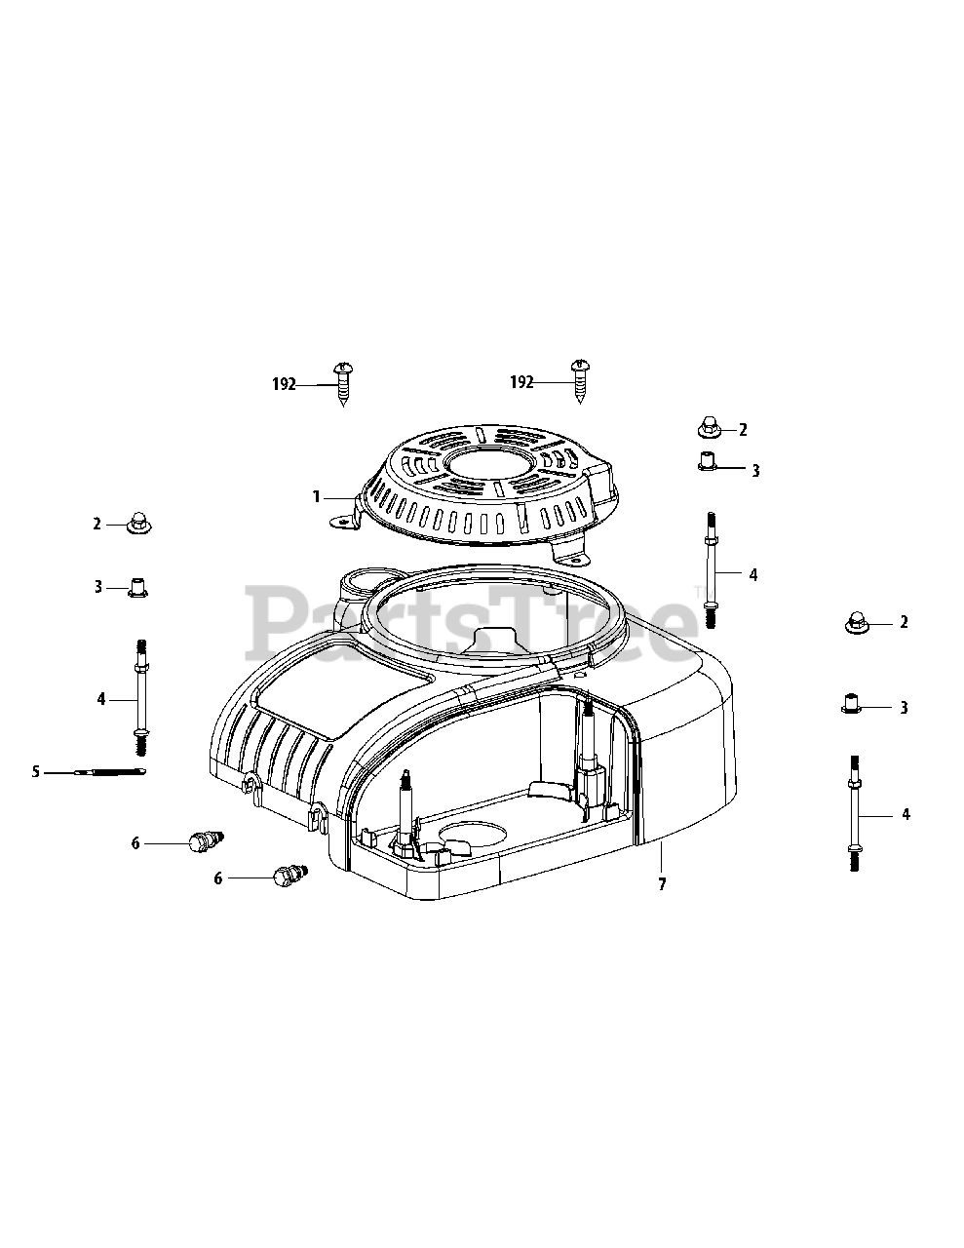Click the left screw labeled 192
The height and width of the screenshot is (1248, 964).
(343, 384)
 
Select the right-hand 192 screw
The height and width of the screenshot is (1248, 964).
(581, 381)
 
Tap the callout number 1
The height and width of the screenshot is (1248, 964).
(317, 497)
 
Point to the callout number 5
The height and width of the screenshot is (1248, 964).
(36, 772)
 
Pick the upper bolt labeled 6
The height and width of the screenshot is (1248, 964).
(206, 842)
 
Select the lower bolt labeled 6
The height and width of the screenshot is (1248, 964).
(292, 877)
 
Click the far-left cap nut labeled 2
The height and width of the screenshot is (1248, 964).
(138, 523)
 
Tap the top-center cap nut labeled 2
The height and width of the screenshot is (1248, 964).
(710, 428)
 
